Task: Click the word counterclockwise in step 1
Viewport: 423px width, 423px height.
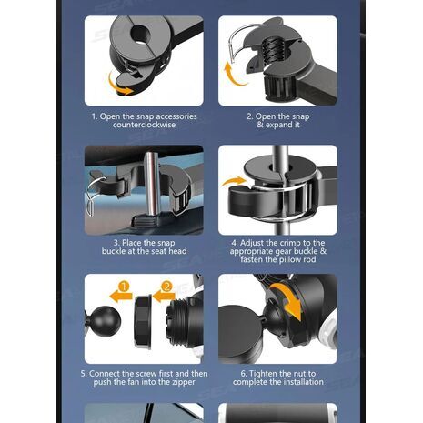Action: coord(144,125)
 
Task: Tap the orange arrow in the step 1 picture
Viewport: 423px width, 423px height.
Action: coord(118,86)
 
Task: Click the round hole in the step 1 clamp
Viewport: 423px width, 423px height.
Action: coord(140,35)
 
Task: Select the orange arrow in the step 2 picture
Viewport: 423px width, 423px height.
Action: coord(233,75)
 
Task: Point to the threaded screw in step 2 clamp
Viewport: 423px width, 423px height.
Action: coord(273,50)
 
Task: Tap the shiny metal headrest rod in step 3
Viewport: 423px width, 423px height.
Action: coord(152,185)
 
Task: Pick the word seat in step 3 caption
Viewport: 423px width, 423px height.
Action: coord(160,251)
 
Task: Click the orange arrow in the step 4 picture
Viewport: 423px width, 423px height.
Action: coord(233,181)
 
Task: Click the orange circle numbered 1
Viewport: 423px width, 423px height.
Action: coord(124,287)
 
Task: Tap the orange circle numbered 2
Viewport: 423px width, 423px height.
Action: coord(166,287)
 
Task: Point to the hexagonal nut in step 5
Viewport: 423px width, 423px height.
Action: coord(143,321)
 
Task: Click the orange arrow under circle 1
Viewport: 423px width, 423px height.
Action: coord(121,297)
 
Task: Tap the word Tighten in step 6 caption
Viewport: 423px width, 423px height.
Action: coord(263,374)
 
